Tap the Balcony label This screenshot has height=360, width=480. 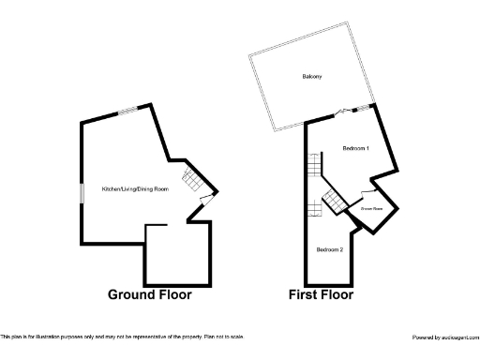click(x=312, y=76)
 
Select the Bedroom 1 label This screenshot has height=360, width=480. click(x=355, y=149)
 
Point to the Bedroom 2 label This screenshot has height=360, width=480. click(x=330, y=249)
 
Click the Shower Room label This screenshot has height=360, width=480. click(x=372, y=210)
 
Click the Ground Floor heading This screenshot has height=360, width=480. click(x=150, y=294)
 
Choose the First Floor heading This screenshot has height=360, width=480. click(x=321, y=294)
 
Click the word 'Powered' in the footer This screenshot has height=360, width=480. click(x=425, y=337)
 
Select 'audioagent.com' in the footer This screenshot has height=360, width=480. click(x=459, y=337)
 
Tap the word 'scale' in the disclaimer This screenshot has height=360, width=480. click(x=237, y=336)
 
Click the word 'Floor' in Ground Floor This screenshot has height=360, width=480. click(x=173, y=294)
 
